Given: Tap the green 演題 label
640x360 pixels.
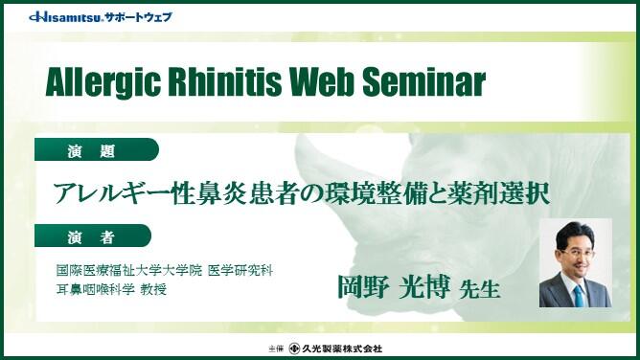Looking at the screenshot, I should pyautogui.click(x=92, y=151).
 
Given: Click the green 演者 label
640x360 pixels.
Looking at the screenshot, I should pyautogui.click(x=92, y=236).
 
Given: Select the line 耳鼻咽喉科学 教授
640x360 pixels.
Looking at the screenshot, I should pyautogui.click(x=112, y=290).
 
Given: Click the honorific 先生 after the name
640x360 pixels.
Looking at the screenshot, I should pyautogui.click(x=480, y=289).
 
